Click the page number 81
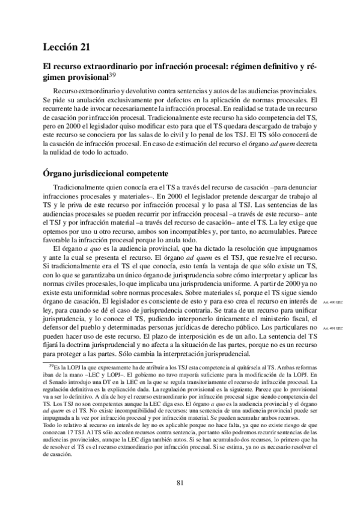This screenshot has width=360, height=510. pyautogui.click(x=180, y=481)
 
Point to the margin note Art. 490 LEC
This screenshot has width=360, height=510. pyautogui.click(x=332, y=302)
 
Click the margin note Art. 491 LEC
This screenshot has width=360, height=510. pyautogui.click(x=332, y=328)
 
